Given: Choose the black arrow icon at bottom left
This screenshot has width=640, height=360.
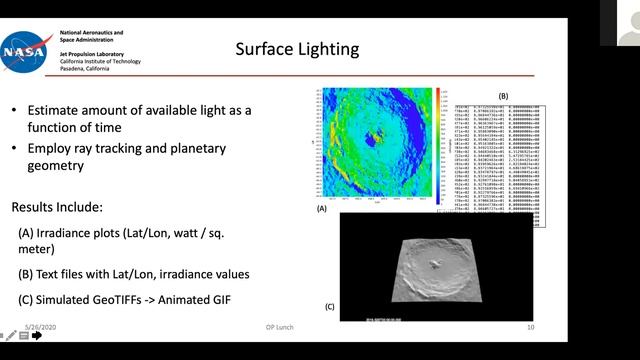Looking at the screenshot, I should point(37,336).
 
